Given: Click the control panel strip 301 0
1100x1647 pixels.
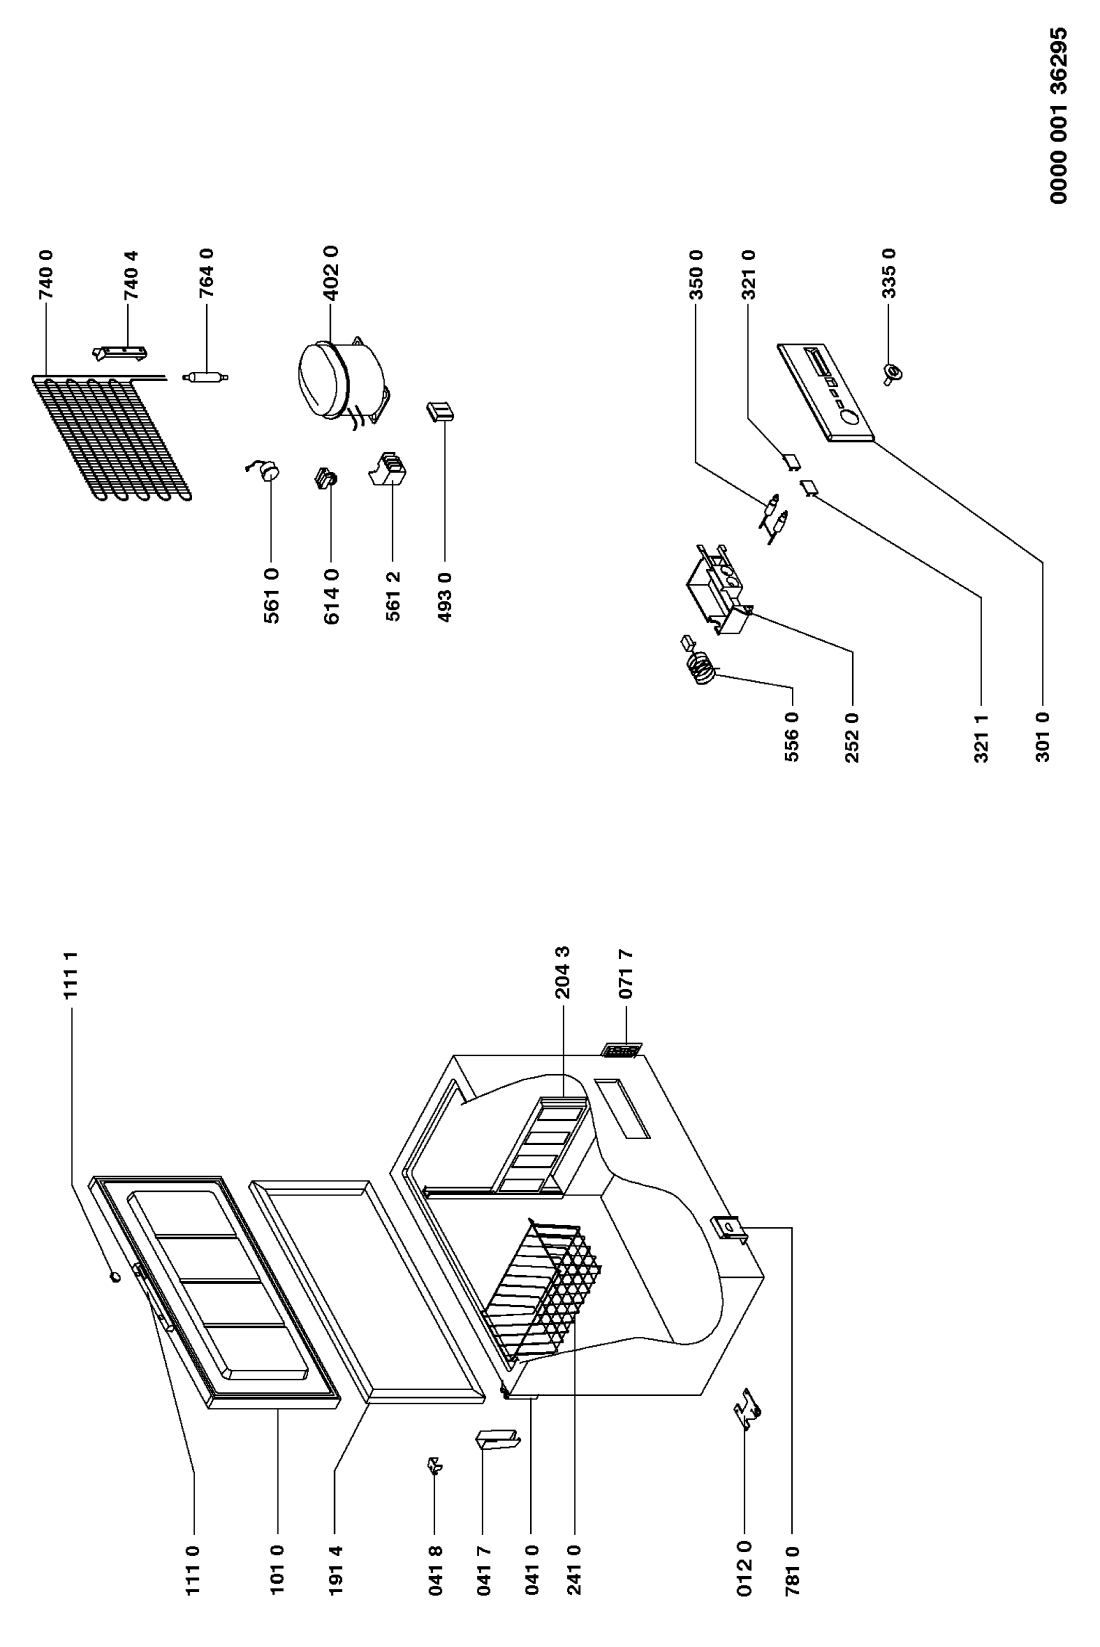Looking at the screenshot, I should point(826,391).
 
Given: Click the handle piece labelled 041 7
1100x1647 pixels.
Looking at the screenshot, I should point(497,1441).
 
